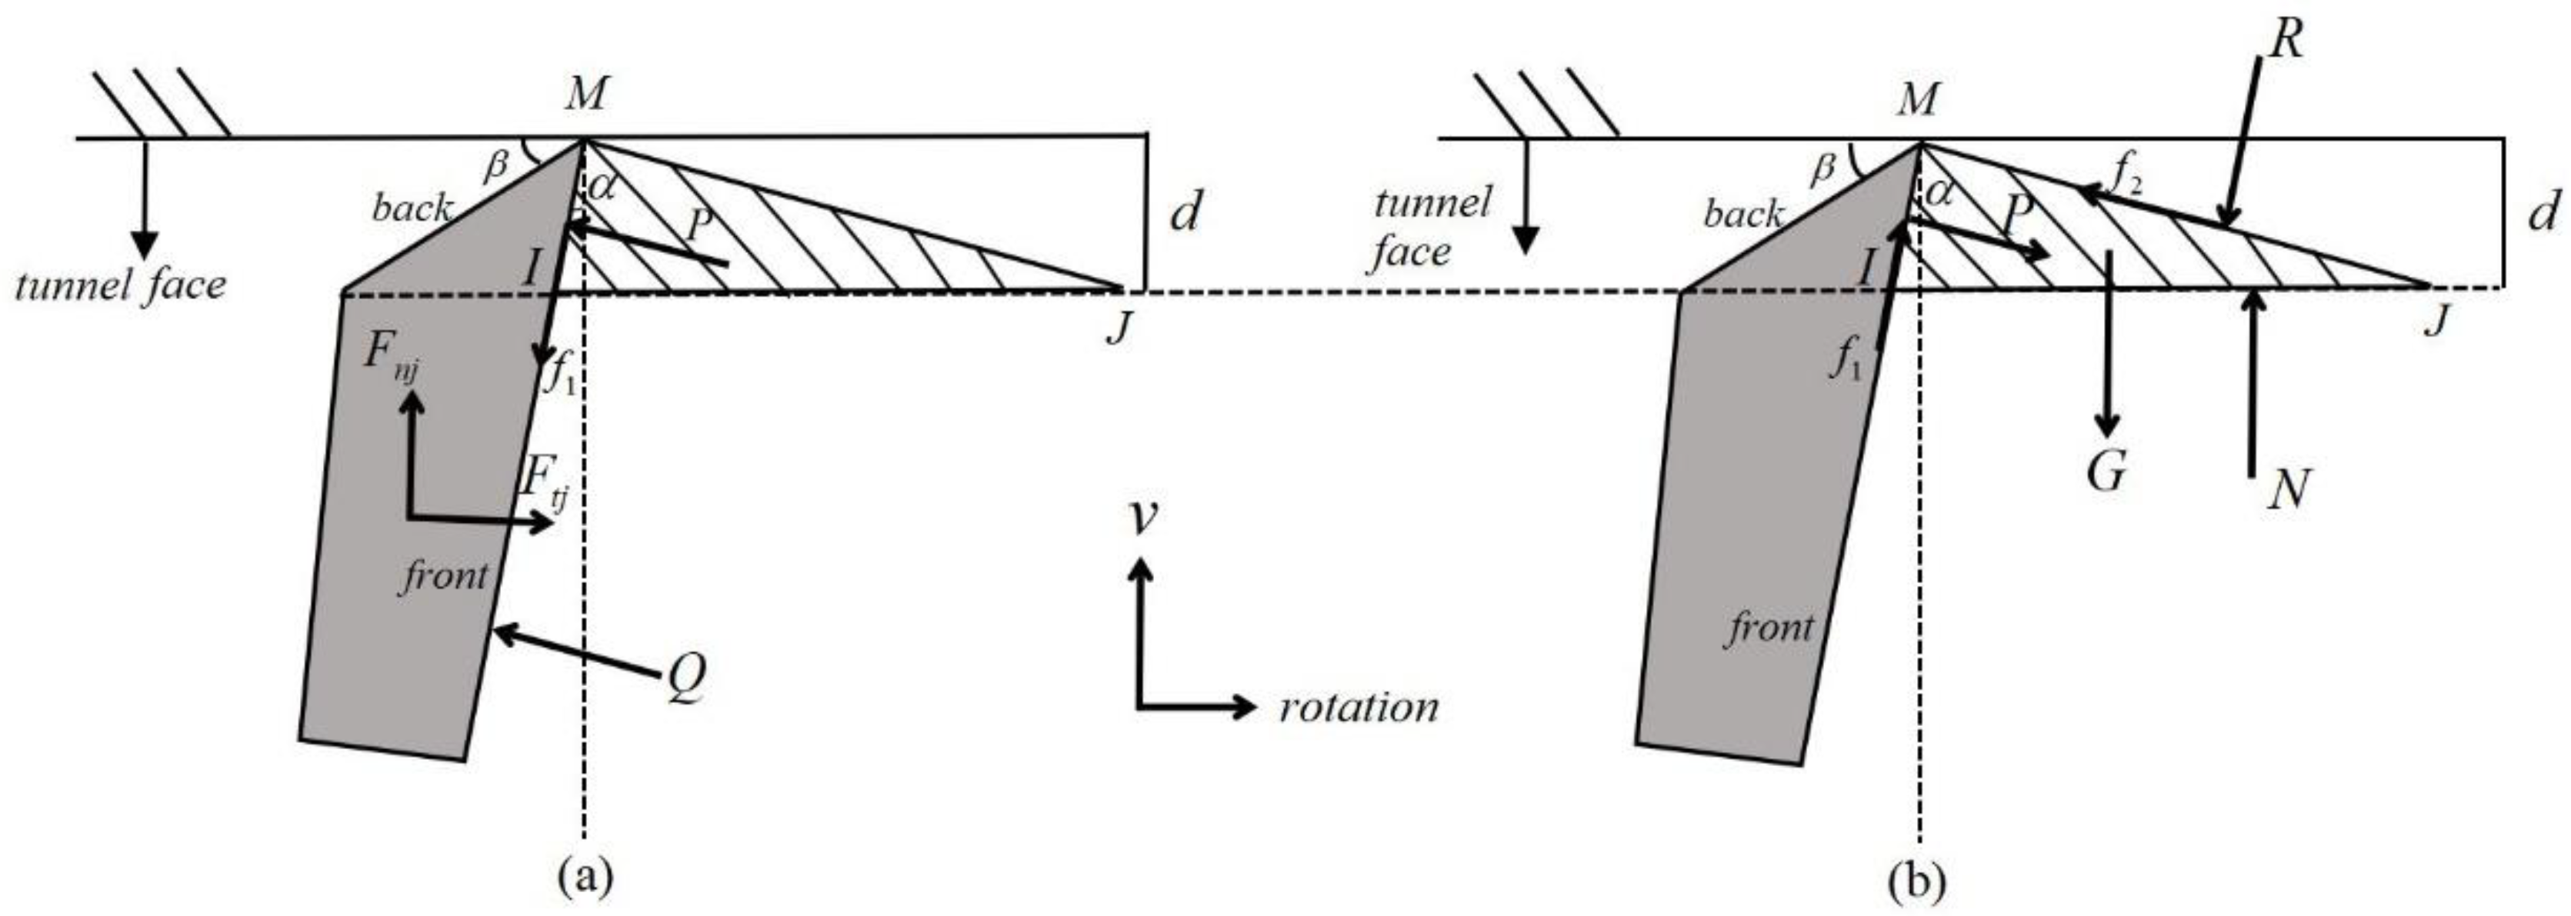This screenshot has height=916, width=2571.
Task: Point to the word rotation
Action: (x=1359, y=708)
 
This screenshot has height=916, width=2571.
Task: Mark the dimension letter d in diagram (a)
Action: (x=1184, y=212)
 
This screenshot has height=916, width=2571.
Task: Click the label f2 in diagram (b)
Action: (x=2126, y=180)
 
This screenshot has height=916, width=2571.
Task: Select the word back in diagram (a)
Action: (x=412, y=208)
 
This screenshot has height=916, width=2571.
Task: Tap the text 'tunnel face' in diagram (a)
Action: (x=121, y=286)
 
